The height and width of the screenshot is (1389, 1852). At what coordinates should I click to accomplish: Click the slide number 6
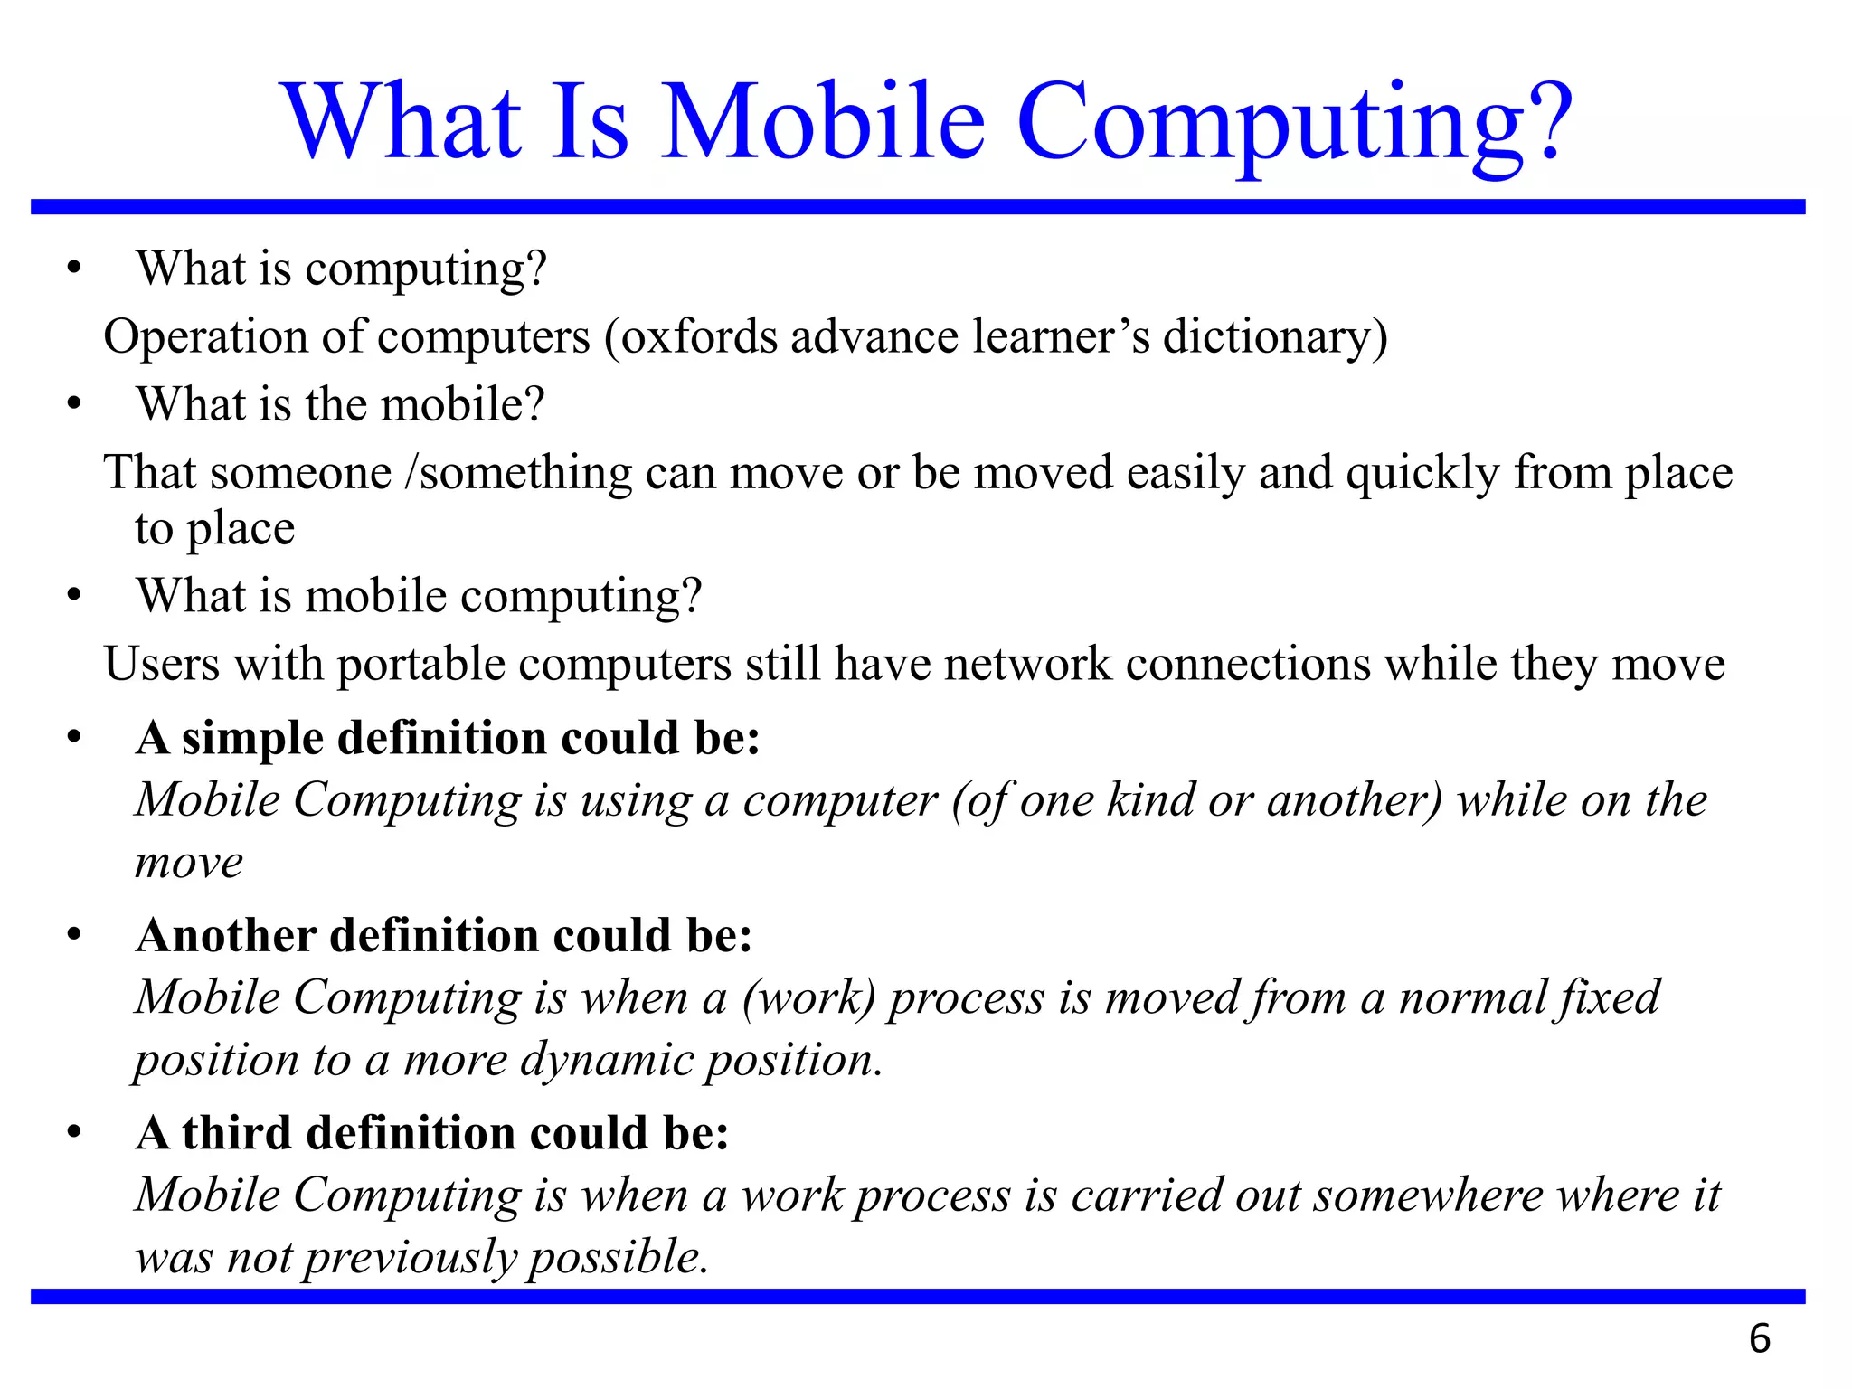1759,1339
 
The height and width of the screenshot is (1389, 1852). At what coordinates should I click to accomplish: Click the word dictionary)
1275,337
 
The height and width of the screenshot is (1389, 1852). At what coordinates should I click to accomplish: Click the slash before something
411,474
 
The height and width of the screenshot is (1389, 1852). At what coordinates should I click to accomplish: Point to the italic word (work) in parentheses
809,998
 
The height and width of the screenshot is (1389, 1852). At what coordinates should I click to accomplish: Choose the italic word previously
408,1258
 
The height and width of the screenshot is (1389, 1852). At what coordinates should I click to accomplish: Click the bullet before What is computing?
74,269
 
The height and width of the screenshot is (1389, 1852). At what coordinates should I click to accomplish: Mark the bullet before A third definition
74,1133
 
